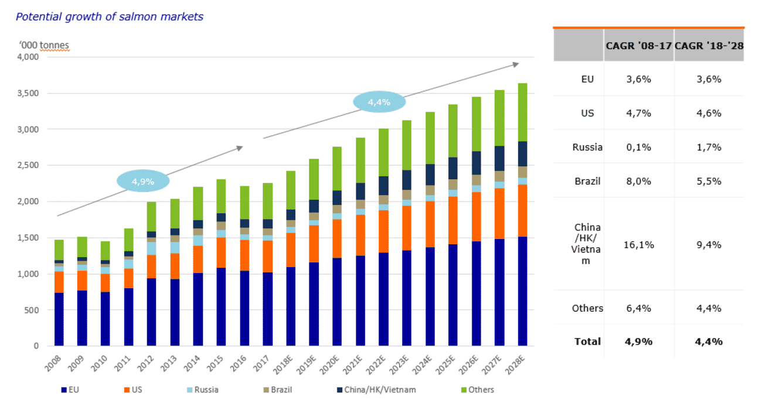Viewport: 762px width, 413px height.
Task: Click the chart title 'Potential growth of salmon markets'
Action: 109,17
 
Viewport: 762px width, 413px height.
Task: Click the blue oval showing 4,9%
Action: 142,182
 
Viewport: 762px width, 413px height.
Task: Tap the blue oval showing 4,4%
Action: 379,102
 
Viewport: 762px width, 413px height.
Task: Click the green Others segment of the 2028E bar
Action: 519,112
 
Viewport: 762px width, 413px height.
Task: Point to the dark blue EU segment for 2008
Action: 59,319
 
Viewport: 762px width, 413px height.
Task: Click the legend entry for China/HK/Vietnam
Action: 381,390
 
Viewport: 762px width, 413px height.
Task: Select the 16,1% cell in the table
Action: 638,244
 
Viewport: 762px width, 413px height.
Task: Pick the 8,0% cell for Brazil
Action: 638,181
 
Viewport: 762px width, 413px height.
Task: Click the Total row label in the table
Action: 587,342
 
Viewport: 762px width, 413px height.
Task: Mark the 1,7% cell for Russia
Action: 709,147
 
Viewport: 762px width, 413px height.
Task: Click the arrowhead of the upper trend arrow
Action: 516,64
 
